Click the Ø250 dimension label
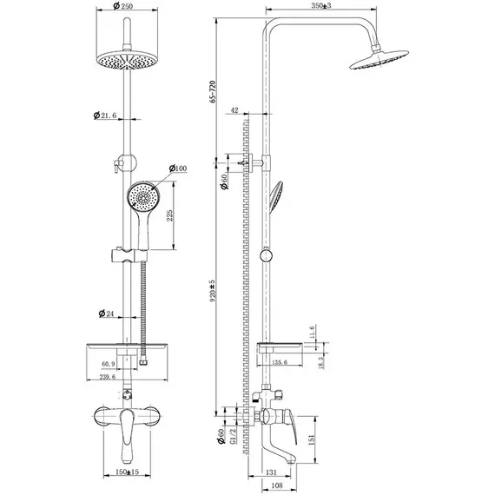point(122,6)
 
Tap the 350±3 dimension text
point(321,6)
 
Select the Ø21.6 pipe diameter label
point(105,115)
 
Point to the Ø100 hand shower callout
point(178,168)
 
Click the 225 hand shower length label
point(170,215)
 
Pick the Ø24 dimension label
point(106,313)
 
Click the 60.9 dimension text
point(109,364)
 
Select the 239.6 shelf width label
point(108,377)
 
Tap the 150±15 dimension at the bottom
point(127,472)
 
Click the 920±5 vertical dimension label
point(213,290)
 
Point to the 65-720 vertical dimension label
point(213,91)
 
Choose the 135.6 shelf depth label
point(280,362)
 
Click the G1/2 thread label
point(233,436)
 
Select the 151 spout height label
point(311,439)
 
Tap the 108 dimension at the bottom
point(276,485)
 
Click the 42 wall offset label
point(234,110)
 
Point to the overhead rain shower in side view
point(379,59)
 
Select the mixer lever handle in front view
point(127,435)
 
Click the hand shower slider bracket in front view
point(129,255)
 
